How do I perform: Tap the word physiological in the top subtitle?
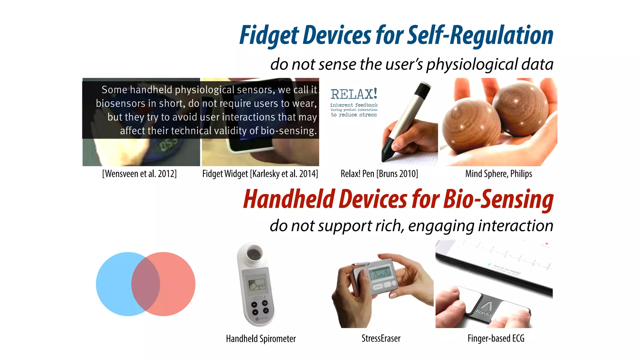[472, 64]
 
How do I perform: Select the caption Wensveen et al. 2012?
[139, 174]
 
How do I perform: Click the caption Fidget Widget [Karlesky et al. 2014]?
[260, 174]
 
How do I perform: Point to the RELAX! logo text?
[354, 94]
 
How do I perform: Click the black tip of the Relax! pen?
[387, 153]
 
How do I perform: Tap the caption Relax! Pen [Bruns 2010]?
[379, 174]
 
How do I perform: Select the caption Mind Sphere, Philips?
[498, 174]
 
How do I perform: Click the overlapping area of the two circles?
[146, 284]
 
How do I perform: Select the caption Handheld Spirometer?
[261, 339]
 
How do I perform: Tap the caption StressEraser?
[381, 338]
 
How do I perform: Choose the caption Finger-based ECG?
[496, 338]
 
